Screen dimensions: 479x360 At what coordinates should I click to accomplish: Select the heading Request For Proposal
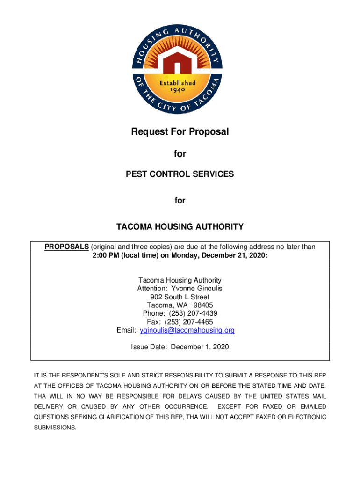[180, 132]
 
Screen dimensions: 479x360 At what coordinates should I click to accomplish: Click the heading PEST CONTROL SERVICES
[180, 174]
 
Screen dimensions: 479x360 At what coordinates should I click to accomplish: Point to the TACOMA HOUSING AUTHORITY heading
[180, 227]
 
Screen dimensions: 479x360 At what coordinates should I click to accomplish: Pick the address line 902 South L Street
[180, 297]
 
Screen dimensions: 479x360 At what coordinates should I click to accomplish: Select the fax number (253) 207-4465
[190, 322]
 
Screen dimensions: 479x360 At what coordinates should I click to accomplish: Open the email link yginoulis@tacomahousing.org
[187, 330]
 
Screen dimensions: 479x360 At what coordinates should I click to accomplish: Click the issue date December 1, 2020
[200, 347]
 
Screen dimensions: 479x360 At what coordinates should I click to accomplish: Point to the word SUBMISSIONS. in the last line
[55, 428]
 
